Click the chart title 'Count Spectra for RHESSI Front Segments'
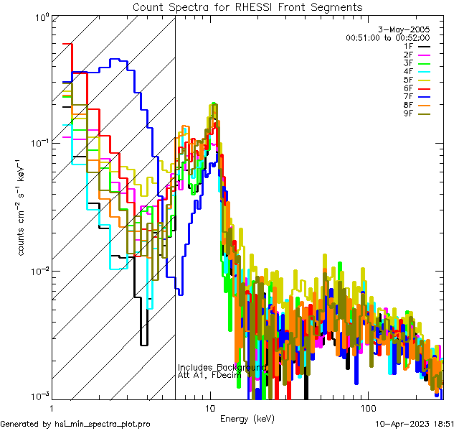[x=247, y=6]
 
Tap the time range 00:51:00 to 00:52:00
[x=387, y=37]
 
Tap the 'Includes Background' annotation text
[x=222, y=367]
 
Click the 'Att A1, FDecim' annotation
[x=209, y=375]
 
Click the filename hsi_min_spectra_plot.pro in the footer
[x=103, y=425]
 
